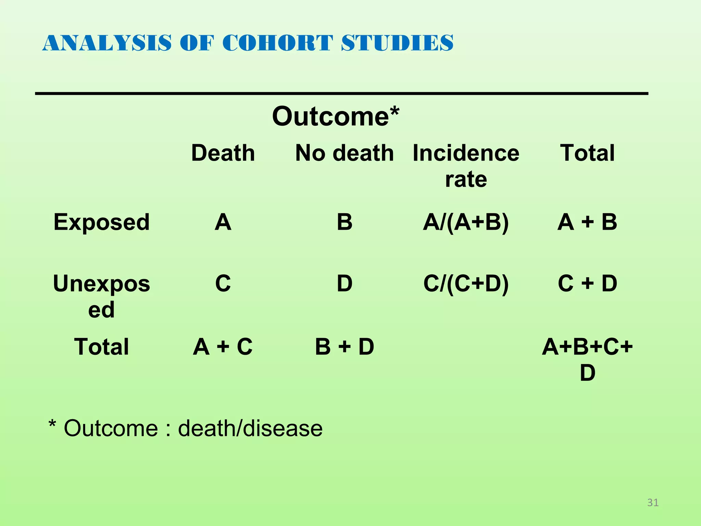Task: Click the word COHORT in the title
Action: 277,43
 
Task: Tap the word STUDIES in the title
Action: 397,43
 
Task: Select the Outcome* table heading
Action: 335,116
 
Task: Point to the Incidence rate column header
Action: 466,166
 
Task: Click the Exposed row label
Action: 102,222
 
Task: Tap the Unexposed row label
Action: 102,296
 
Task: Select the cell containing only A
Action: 223,222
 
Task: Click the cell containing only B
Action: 344,222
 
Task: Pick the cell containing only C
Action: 223,284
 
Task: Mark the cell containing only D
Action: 344,284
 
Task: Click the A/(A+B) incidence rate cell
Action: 466,222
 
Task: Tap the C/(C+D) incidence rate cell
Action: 466,284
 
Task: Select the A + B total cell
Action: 587,222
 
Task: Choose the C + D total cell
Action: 587,284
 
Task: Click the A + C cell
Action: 223,347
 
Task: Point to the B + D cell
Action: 344,347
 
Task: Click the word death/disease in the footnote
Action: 250,428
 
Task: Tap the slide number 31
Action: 653,502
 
